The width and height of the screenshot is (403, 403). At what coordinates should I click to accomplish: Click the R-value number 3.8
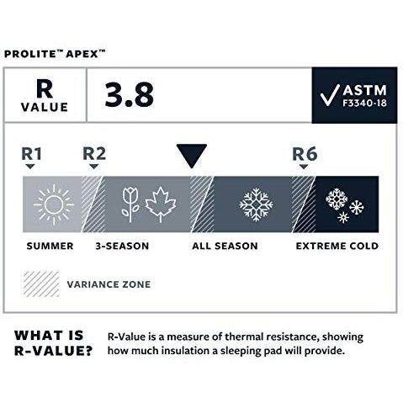pyautogui.click(x=130, y=95)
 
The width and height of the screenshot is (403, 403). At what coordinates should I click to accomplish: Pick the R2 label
pyautogui.click(x=93, y=154)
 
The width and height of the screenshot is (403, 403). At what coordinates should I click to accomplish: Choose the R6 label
pyautogui.click(x=304, y=154)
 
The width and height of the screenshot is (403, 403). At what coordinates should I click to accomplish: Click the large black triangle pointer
pyautogui.click(x=191, y=156)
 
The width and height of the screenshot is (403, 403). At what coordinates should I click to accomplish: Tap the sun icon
pyautogui.click(x=55, y=204)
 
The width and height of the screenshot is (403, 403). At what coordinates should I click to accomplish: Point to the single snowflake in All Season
pyautogui.click(x=256, y=204)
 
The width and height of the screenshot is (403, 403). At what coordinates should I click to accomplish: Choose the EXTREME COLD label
pyautogui.click(x=336, y=247)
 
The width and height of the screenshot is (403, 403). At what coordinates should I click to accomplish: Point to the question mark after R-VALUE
pyautogui.click(x=87, y=351)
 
